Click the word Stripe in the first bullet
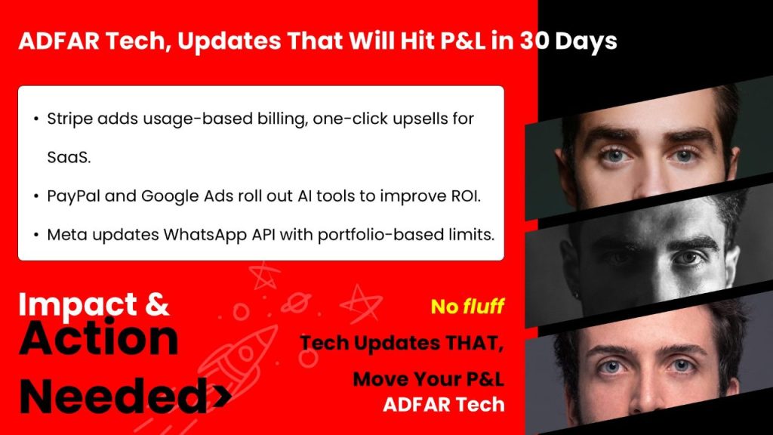pyautogui.click(x=69, y=119)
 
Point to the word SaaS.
pyautogui.click(x=69, y=158)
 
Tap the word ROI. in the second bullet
pyautogui.click(x=465, y=196)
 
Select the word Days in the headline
pyautogui.click(x=586, y=42)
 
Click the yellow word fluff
pyautogui.click(x=484, y=307)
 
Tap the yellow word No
pyautogui.click(x=445, y=307)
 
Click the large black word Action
pyautogui.click(x=99, y=338)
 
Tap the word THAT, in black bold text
pyautogui.click(x=474, y=344)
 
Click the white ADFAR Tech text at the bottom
pyautogui.click(x=444, y=405)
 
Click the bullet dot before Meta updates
pyautogui.click(x=36, y=236)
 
